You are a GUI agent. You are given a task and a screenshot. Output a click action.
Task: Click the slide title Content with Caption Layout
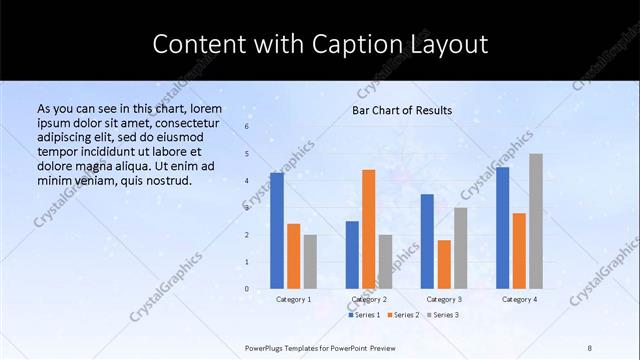point(320,45)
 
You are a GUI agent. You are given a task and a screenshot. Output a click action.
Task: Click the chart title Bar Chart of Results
point(402,110)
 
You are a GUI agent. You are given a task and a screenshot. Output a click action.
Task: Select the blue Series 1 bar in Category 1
point(277,230)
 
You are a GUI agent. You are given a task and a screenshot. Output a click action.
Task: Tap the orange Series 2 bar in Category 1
point(293,256)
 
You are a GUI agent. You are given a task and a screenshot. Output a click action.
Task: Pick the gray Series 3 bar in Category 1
point(310,261)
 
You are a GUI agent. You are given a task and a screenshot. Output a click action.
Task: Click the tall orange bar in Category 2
point(369,229)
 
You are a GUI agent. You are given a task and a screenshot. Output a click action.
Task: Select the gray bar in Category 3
point(461,247)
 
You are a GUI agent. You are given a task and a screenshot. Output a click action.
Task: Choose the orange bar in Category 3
point(444,264)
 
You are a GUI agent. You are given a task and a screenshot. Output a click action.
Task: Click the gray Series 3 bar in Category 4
point(536,221)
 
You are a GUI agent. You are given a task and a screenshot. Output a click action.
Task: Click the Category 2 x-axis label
point(369,299)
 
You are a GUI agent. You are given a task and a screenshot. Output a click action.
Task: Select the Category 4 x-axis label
point(519,299)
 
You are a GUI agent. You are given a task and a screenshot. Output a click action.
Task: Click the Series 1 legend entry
point(364,315)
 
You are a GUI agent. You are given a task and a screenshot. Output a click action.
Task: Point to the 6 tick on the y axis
point(247,127)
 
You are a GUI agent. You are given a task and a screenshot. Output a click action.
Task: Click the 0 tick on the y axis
point(247,288)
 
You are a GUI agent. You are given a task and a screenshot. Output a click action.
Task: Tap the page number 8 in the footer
point(590,347)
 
